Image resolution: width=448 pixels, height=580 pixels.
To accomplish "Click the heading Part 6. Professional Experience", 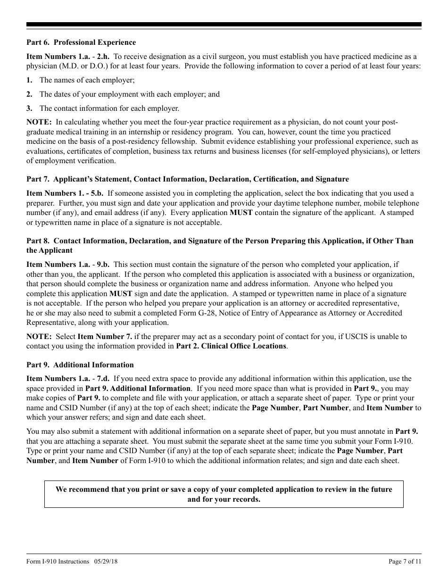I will pyautogui.click(x=81, y=42).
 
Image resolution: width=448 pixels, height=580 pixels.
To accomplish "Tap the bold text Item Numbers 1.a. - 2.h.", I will pyautogui.click(x=66, y=57).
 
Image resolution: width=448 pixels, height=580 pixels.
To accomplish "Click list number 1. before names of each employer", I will pyautogui.click(x=29, y=80).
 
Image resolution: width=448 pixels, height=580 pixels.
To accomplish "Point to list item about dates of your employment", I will pyautogui.click(x=129, y=94).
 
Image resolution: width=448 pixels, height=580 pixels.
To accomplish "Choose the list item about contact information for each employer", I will pyautogui.click(x=109, y=108).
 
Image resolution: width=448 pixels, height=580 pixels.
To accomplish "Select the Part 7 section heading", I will pyautogui.click(x=188, y=179).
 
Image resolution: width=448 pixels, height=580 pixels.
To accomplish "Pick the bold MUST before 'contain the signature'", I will pyautogui.click(x=241, y=213).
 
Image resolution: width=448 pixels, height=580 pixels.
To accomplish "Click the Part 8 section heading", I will pyautogui.click(x=219, y=241).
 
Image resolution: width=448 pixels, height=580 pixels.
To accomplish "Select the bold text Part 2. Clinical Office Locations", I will pyautogui.click(x=231, y=346).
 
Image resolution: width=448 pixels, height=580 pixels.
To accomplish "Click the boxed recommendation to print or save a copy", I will pyautogui.click(x=224, y=494).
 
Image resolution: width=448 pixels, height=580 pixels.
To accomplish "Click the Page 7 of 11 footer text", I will pyautogui.click(x=405, y=561).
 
